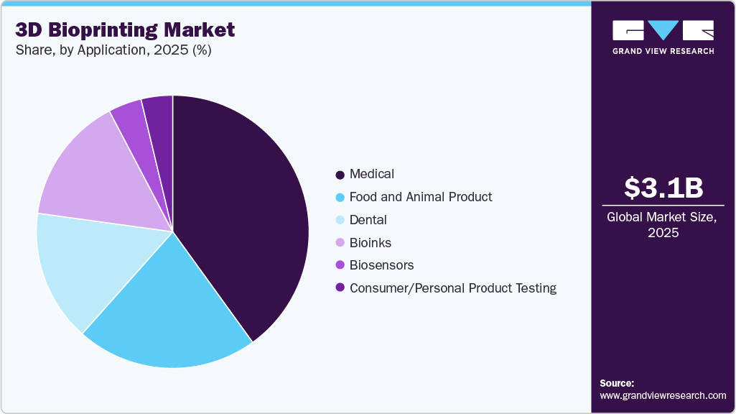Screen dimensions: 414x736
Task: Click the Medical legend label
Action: tap(372, 174)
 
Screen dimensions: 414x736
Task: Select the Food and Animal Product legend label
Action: tap(421, 197)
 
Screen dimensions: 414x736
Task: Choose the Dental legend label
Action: tap(368, 220)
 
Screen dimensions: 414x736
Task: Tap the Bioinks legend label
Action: tap(371, 243)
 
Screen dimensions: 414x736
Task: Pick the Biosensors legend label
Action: tap(381, 265)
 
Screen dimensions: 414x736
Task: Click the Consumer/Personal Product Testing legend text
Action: tap(453, 288)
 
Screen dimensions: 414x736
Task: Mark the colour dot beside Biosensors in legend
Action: tap(340, 266)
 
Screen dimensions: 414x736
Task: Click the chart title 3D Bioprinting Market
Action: tap(125, 30)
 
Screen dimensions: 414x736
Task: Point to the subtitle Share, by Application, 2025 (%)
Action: tap(113, 50)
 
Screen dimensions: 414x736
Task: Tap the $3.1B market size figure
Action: tap(663, 188)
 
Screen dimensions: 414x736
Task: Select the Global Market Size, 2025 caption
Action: tap(663, 225)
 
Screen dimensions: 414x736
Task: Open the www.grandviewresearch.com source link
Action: tap(663, 395)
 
